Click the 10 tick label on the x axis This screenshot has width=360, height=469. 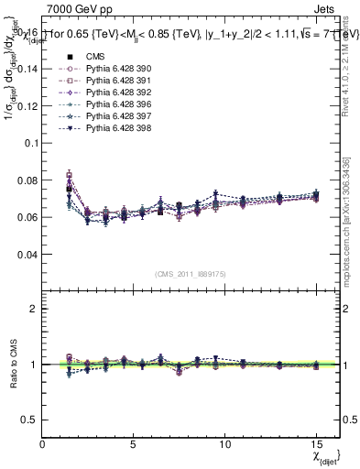pyautogui.click(x=224, y=445)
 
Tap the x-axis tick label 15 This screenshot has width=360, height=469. pyautogui.click(x=316, y=445)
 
